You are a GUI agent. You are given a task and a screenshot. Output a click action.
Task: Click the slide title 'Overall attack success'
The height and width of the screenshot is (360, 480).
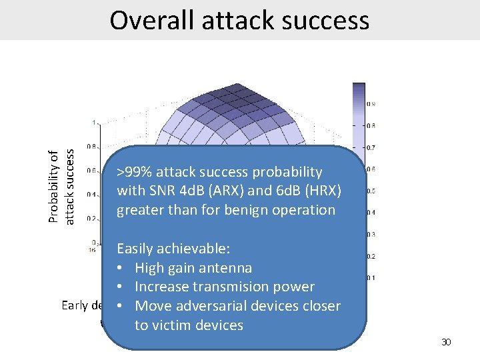[x=239, y=20]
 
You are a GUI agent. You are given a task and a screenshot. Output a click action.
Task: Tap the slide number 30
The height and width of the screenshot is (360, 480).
[x=447, y=342]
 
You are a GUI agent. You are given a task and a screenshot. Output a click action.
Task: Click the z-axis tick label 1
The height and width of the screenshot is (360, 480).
[x=94, y=122]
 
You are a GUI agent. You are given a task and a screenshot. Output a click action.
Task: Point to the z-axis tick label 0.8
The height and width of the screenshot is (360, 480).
[x=91, y=146]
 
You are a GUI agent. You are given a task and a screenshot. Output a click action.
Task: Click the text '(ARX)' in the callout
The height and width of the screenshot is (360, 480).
[x=231, y=191]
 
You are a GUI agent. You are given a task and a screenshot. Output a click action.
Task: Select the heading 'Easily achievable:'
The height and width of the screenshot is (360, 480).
[x=173, y=249]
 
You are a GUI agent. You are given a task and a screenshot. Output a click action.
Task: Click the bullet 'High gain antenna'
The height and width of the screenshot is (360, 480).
[x=193, y=268]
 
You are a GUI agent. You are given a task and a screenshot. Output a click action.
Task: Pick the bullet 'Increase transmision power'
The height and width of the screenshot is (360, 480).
[x=224, y=287]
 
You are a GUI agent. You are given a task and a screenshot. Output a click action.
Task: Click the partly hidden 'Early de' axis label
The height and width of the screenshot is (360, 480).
[x=82, y=305]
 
